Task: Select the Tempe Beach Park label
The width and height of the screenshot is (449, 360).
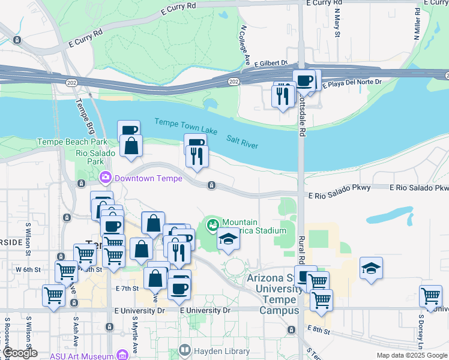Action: click(x=72, y=142)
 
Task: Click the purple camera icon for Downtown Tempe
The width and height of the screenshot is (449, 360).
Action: click(x=106, y=178)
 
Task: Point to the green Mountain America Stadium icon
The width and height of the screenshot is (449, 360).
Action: click(x=212, y=226)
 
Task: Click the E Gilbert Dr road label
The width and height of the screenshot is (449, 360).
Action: click(x=271, y=63)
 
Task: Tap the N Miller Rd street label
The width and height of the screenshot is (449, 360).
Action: click(x=417, y=24)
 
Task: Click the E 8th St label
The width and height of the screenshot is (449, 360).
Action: click(x=318, y=329)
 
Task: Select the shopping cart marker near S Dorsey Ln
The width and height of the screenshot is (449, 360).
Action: click(x=431, y=295)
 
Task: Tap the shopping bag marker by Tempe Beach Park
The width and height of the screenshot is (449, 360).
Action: click(x=131, y=146)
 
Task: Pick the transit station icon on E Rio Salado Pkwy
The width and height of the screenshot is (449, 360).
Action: click(x=211, y=185)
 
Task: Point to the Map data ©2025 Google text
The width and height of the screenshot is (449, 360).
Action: click(x=411, y=355)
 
